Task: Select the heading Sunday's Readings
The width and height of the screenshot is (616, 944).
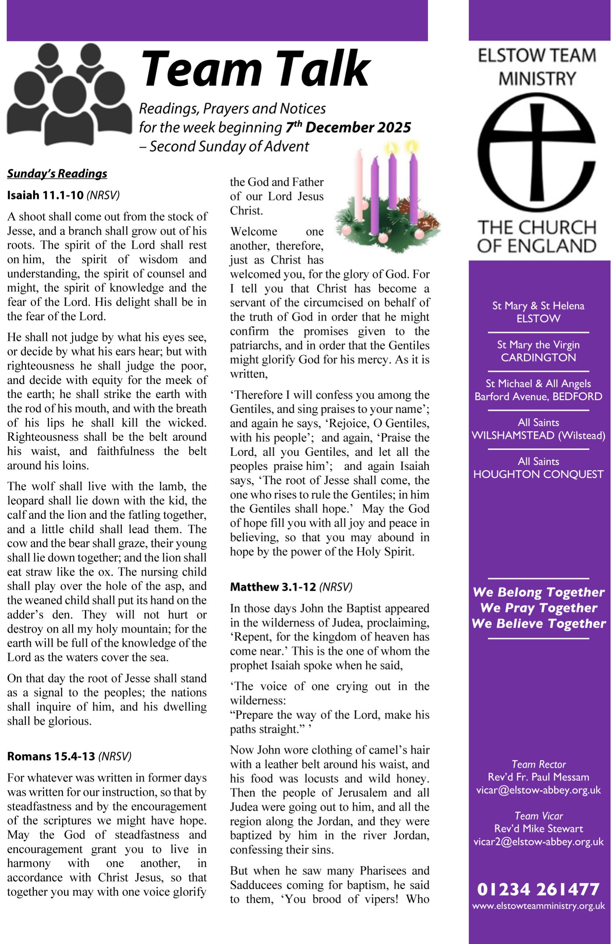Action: [x=57, y=174]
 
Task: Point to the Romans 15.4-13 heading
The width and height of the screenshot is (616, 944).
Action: [x=69, y=756]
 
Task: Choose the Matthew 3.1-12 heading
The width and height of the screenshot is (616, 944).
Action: [x=291, y=587]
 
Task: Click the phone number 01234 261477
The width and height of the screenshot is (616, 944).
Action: [x=538, y=890]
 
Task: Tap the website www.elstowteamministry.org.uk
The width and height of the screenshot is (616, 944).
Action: [x=538, y=906]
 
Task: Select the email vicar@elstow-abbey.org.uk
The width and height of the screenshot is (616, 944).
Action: [x=538, y=790]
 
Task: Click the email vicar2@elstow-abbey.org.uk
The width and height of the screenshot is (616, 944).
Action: [x=538, y=841]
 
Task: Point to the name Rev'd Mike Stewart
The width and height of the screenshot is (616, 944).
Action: [x=538, y=829]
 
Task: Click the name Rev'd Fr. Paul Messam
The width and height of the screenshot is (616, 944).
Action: [x=538, y=777]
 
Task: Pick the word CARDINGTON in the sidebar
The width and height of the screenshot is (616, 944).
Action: [x=538, y=357]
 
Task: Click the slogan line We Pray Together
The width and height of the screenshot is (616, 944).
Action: [x=538, y=608]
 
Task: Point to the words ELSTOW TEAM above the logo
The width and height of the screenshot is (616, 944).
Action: [x=537, y=56]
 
